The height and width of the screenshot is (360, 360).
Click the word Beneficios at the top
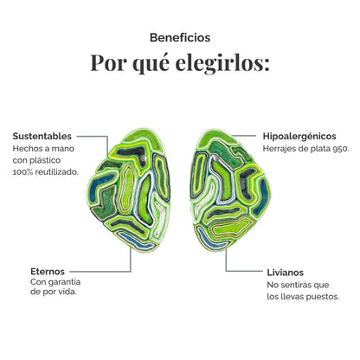click(x=180, y=38)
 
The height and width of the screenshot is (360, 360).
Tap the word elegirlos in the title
click(x=222, y=62)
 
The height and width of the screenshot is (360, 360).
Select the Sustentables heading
click(x=42, y=136)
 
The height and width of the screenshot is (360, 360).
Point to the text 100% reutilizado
click(x=46, y=172)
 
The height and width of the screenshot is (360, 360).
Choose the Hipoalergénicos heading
click(x=299, y=137)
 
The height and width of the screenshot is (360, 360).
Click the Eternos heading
click(x=48, y=272)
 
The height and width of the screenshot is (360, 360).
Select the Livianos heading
click(x=286, y=273)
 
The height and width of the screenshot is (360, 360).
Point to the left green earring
click(x=129, y=190)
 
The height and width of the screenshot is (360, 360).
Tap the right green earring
click(x=230, y=190)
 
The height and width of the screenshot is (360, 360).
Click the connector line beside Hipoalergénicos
click(x=244, y=135)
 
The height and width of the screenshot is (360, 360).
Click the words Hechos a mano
click(x=43, y=149)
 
